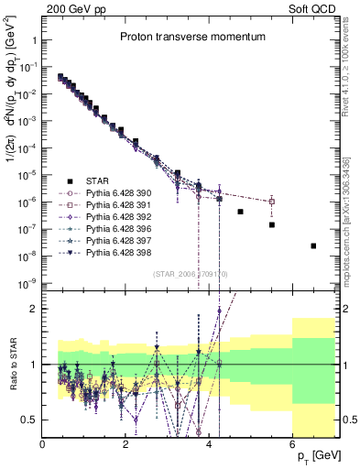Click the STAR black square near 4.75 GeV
[240, 212]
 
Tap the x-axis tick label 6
[292, 445]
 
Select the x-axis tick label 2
[126, 445]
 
